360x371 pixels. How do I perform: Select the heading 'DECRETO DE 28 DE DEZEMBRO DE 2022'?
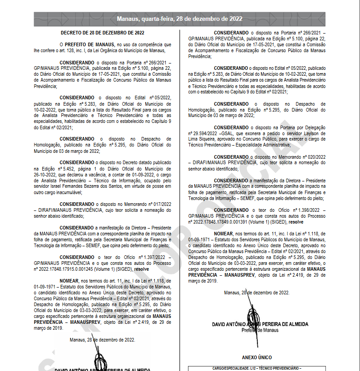[102, 33]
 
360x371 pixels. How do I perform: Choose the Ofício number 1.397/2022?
[155, 257]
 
